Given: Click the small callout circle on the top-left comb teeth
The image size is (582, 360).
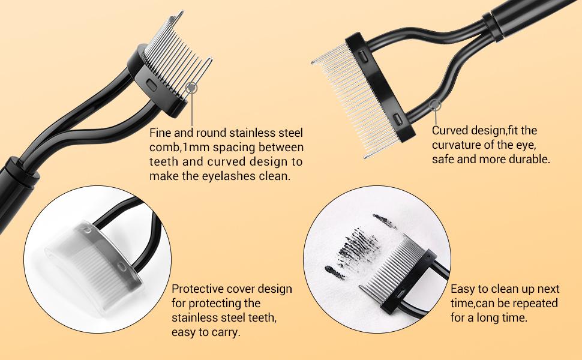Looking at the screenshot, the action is (192, 88).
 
